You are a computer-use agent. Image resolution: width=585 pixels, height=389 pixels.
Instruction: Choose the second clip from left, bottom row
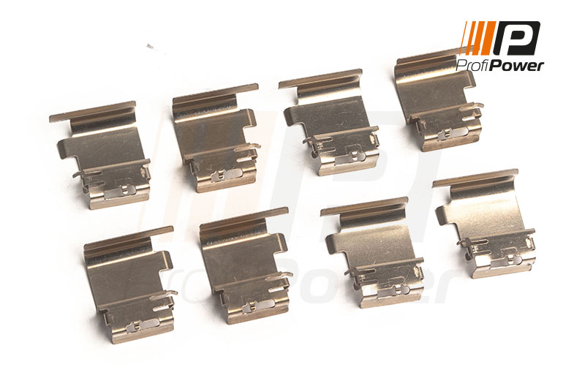point(245,267)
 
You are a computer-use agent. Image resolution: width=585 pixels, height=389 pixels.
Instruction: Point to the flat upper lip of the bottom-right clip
point(475,178)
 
